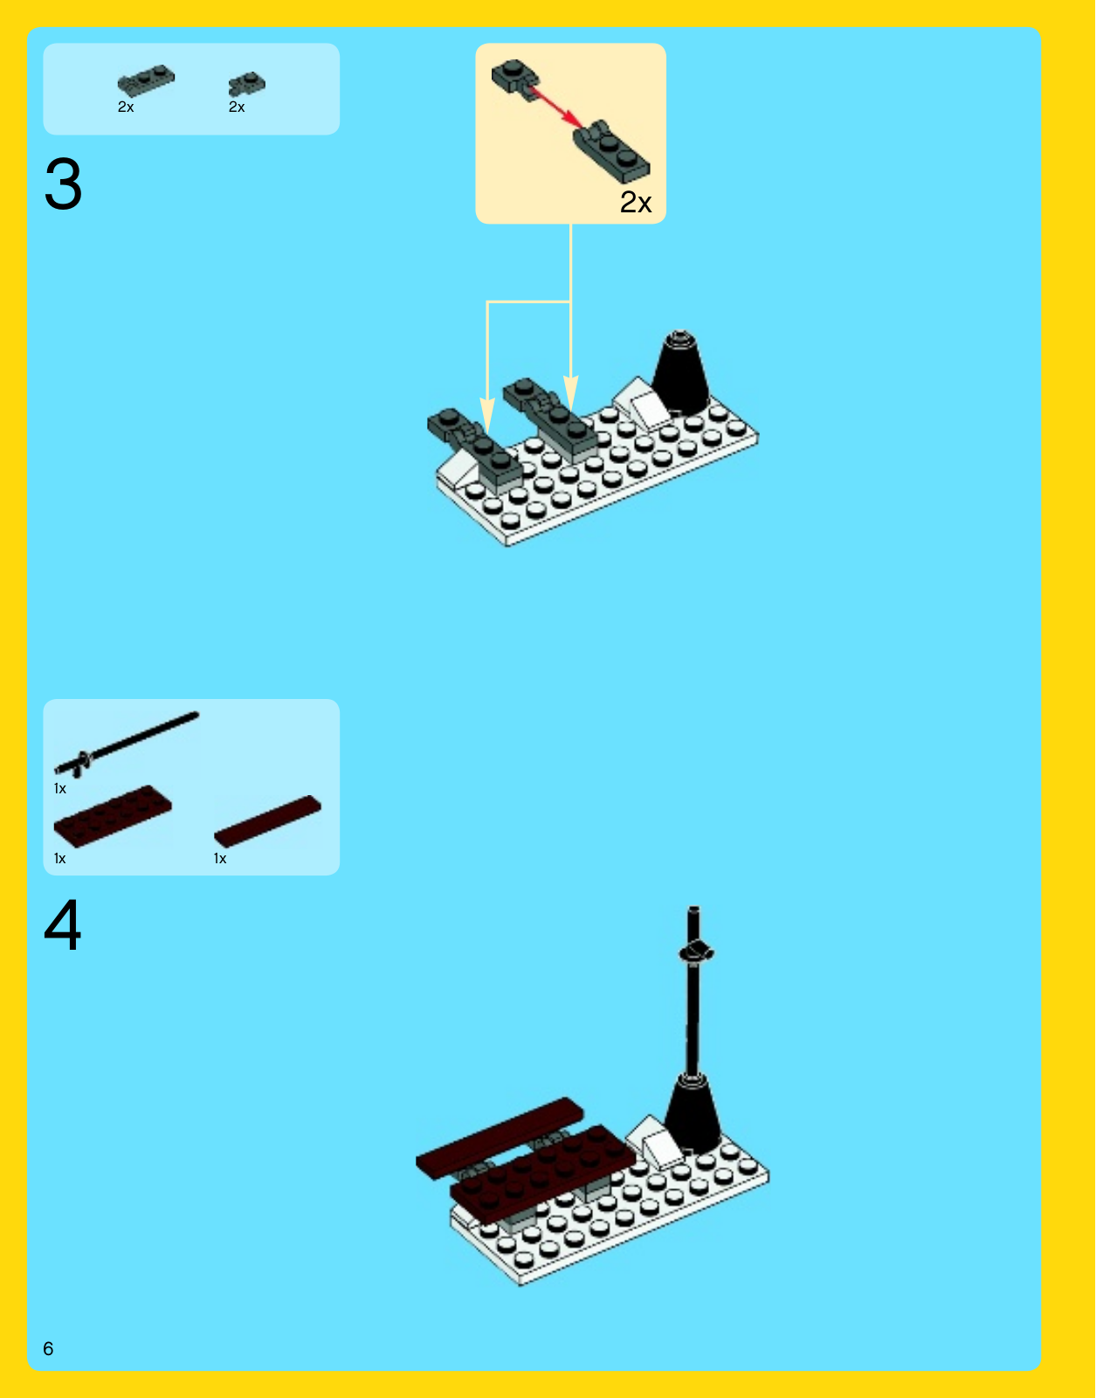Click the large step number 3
click(63, 184)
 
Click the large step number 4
click(62, 924)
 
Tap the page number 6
click(48, 1348)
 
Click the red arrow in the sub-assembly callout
click(556, 108)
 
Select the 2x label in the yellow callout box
click(636, 202)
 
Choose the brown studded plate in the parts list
click(113, 815)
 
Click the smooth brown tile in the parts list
click(267, 821)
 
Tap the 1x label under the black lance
click(59, 789)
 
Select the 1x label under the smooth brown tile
click(220, 859)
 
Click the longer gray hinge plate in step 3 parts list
click(146, 81)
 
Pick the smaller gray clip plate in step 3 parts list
click(247, 84)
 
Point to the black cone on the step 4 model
click(693, 1115)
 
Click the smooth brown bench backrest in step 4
click(500, 1138)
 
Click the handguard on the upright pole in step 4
click(696, 952)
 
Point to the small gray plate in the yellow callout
click(515, 80)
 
